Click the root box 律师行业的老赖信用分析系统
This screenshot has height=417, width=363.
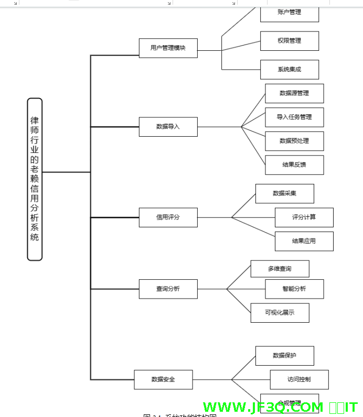point(35,179)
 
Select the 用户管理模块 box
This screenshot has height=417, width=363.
point(168,48)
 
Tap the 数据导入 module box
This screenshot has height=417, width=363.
point(168,127)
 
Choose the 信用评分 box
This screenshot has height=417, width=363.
point(168,217)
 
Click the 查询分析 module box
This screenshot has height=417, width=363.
point(168,289)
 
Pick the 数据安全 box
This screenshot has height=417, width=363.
point(163,379)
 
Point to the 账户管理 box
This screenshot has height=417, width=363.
point(289,13)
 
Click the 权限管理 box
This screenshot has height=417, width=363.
point(289,41)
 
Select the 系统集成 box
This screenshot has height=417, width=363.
point(289,70)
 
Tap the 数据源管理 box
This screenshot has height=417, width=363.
point(294,93)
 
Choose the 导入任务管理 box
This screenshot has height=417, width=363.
point(294,117)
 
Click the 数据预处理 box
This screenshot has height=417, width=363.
point(294,141)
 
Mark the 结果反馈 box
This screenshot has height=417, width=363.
point(294,165)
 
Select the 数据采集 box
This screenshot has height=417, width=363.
point(284,193)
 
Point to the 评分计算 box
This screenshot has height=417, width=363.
point(304,217)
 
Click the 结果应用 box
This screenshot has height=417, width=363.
point(304,241)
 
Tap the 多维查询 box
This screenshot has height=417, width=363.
point(280,269)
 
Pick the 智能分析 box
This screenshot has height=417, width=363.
point(294,289)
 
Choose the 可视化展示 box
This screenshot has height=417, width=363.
point(280,313)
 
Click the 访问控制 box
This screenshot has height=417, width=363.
point(299,379)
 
